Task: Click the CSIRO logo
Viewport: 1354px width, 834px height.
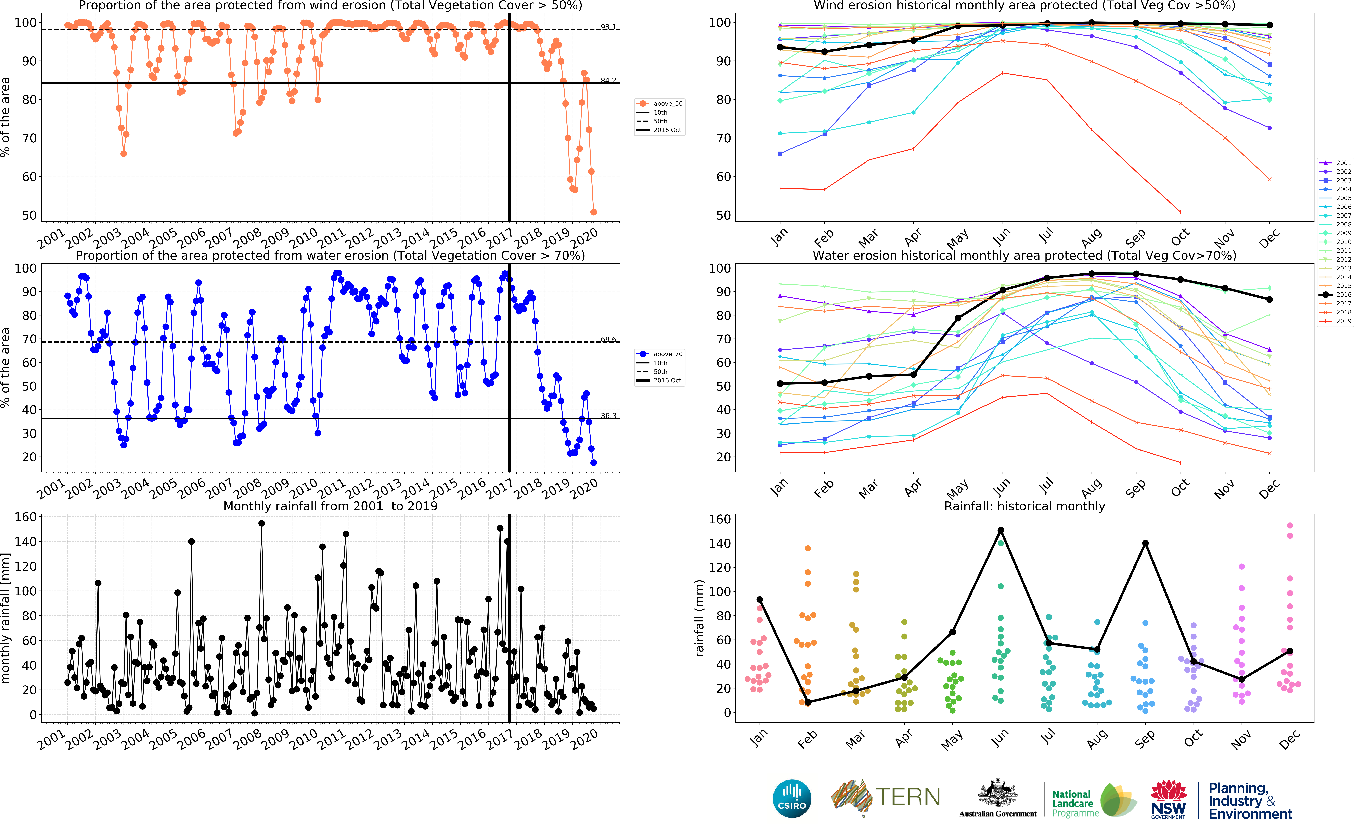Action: click(792, 798)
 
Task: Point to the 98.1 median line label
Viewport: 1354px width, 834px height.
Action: click(608, 26)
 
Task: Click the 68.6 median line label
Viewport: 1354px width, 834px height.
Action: click(608, 339)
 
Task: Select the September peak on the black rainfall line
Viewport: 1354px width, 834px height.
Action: click(1146, 543)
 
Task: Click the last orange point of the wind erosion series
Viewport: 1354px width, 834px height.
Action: click(593, 212)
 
